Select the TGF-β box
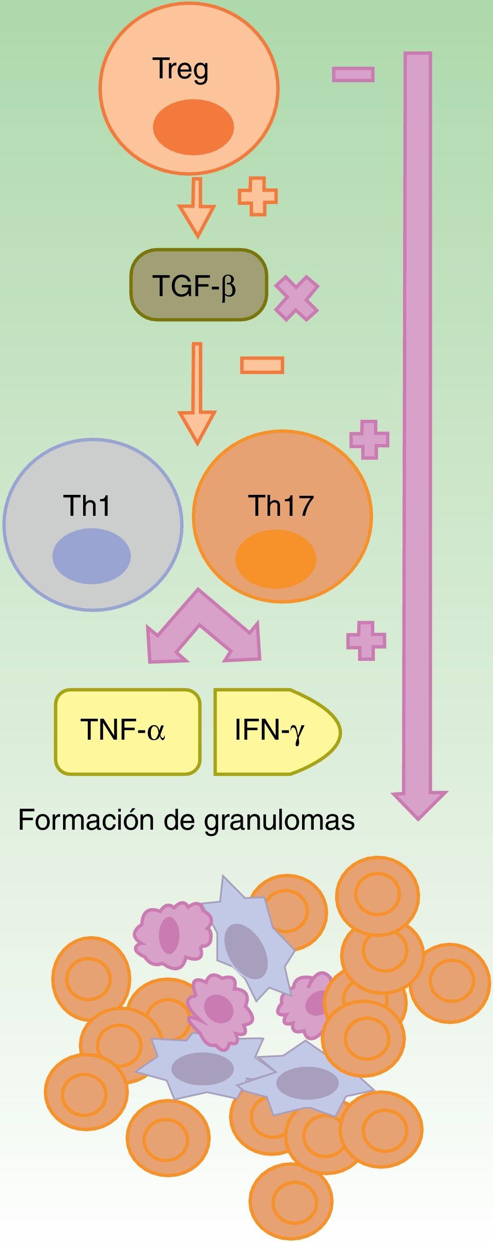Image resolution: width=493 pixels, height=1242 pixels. (x=198, y=284)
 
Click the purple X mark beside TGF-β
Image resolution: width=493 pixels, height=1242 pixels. (x=296, y=298)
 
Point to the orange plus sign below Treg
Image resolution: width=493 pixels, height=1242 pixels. (x=258, y=196)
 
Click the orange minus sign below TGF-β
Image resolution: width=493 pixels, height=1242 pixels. (x=262, y=365)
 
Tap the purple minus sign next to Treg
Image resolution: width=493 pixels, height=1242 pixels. (x=353, y=74)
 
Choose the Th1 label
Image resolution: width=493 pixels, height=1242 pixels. (x=87, y=506)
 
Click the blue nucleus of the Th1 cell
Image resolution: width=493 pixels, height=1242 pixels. (x=91, y=555)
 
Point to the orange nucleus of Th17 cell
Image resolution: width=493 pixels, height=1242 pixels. (x=275, y=559)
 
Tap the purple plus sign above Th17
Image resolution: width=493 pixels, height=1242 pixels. (x=369, y=439)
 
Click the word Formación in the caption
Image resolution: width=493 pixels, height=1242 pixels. (x=86, y=819)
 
